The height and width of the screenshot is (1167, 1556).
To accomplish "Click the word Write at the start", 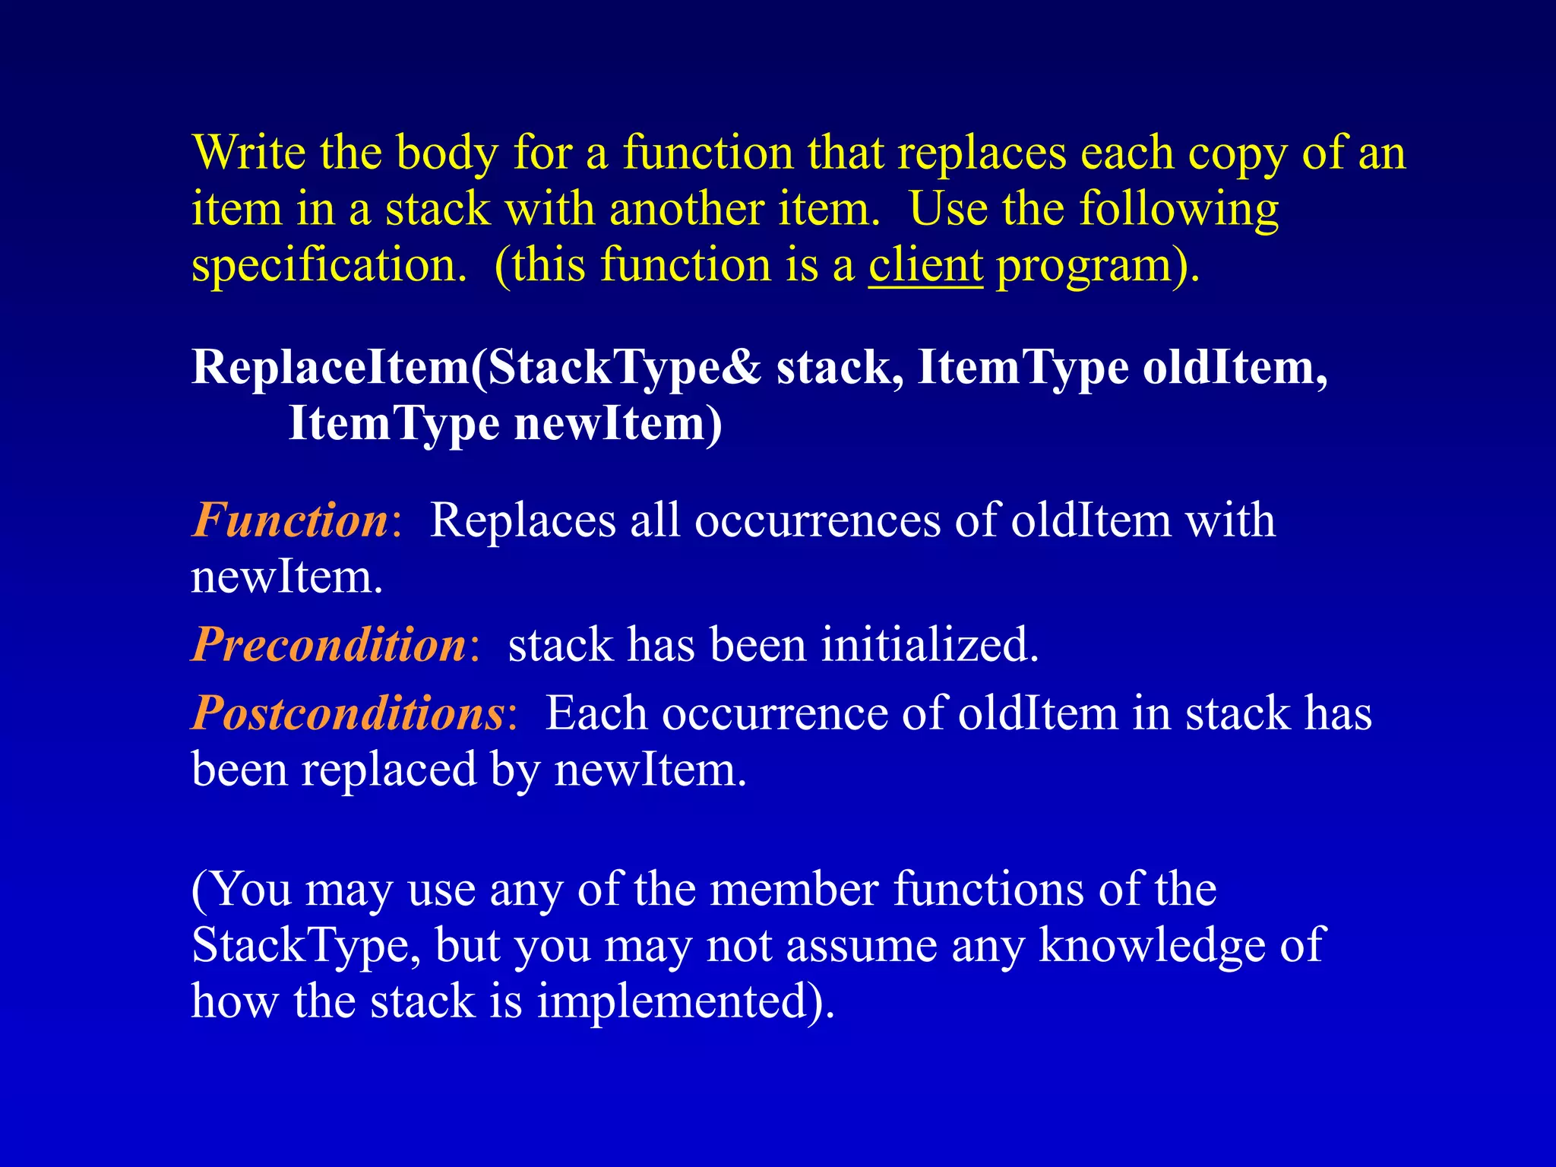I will (248, 153).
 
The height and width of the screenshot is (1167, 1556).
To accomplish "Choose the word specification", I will (329, 267).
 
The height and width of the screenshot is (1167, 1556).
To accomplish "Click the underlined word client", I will (926, 265).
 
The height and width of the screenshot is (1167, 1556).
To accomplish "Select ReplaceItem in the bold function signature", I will (330, 368).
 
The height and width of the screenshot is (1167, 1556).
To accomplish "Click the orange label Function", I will (290, 520).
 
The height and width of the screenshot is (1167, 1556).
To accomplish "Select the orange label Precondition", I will (329, 645).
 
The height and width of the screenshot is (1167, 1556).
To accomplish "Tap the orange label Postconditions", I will (348, 713).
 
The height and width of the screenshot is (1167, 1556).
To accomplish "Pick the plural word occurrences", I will (818, 520).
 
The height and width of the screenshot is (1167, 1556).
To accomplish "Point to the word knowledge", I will (1152, 947).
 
